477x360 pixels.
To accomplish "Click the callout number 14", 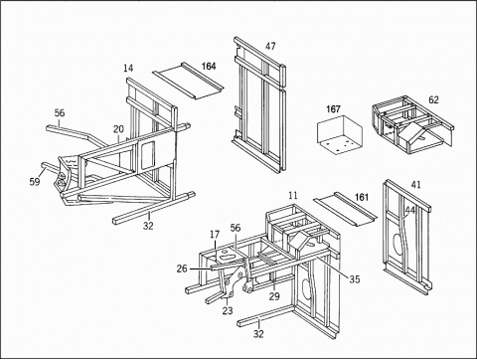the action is (x=128, y=69).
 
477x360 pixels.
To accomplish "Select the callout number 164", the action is (x=209, y=67).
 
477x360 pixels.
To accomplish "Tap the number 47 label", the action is (x=270, y=46).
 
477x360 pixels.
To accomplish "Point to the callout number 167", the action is (x=333, y=109).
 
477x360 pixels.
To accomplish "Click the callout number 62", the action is (x=433, y=99).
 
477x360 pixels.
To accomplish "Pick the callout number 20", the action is (x=118, y=129).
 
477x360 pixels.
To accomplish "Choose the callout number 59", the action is (x=35, y=182).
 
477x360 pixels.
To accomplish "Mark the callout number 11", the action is (x=293, y=195).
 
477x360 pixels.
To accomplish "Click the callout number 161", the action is (x=362, y=197).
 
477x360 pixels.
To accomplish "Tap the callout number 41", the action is (x=415, y=185).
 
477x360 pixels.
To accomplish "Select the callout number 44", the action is (x=410, y=210).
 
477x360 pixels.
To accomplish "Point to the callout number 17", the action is (x=215, y=235).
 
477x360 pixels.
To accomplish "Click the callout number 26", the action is (x=182, y=269).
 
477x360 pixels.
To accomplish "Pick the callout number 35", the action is (x=354, y=279).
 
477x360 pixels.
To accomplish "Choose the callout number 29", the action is (x=274, y=296).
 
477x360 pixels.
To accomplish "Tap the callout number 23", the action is (x=228, y=310).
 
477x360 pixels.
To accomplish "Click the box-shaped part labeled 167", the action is (x=340, y=135).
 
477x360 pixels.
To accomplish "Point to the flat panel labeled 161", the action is (x=345, y=209).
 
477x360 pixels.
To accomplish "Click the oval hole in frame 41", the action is (x=397, y=246).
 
